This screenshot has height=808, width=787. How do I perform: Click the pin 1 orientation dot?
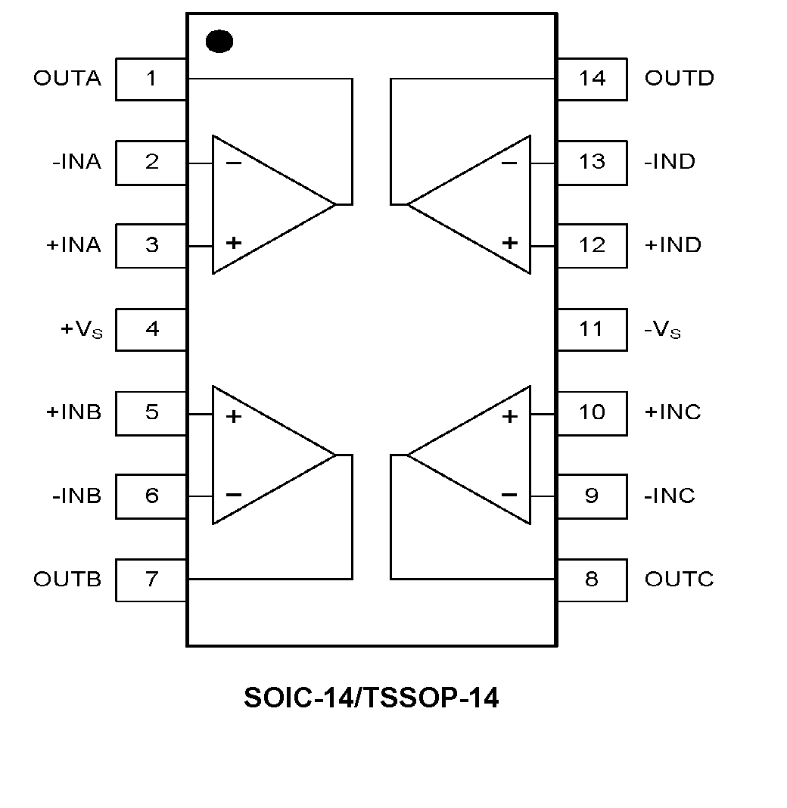219,42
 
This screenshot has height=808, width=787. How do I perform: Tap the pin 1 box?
151,79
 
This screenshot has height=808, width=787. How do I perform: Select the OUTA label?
67,79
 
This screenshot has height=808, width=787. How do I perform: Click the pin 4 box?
151,329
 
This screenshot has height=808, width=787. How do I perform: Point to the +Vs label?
80,330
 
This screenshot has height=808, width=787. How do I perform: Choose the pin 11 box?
592,329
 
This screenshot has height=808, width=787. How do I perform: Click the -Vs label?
663,330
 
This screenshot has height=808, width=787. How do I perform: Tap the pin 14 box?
592,79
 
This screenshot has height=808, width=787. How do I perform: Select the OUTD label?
679,79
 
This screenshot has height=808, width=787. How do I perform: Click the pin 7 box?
151,580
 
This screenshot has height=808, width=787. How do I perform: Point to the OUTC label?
679,580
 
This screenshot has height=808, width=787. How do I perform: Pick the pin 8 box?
592,580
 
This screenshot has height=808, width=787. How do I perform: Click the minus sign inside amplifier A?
234,163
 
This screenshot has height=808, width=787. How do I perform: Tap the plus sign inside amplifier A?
234,243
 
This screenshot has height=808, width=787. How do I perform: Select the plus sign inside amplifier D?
510,243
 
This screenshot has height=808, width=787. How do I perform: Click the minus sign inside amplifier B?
234,496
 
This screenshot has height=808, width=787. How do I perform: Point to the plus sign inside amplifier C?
510,415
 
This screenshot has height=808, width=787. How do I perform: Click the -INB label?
76,496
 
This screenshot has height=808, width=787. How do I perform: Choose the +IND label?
673,245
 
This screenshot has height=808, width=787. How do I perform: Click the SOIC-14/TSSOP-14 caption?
371,698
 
